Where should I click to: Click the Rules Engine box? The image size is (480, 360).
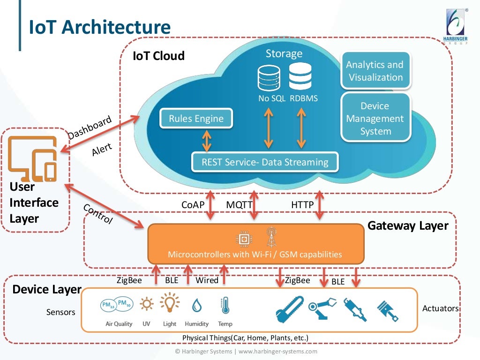[196, 119]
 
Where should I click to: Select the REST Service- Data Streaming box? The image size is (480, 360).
[265, 162]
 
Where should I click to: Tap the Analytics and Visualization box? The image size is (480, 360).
[375, 71]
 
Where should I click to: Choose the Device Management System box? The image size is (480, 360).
[375, 119]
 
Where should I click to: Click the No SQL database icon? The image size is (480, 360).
[269, 77]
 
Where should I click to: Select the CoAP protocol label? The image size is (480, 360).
[193, 205]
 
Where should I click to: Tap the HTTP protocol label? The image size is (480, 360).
[302, 205]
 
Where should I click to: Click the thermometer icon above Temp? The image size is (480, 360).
[225, 306]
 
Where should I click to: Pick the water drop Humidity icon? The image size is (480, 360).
[196, 306]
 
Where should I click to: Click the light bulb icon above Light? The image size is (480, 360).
[170, 304]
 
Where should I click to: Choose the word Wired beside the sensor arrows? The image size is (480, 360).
[207, 280]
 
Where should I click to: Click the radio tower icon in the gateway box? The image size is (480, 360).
[270, 237]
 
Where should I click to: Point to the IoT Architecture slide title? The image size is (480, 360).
[99, 27]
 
